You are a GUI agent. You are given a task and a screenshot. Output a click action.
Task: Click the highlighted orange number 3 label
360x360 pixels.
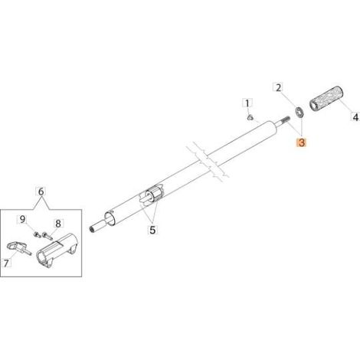coord(302,142)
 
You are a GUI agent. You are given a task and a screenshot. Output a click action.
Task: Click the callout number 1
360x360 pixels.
coord(247,103)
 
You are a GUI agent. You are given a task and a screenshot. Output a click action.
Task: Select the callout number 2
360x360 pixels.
coord(278,87)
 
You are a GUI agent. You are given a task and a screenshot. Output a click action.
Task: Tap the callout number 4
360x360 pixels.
coord(355,117)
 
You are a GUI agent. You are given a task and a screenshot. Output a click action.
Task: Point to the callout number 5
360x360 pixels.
coord(152,231)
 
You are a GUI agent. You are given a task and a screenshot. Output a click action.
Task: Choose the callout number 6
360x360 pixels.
coord(41,191)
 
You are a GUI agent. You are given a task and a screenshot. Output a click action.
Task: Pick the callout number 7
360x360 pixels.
coord(6,263)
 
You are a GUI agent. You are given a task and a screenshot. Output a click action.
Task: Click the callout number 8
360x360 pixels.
coord(58,224)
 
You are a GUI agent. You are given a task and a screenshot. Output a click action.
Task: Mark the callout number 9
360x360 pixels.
coord(23,219)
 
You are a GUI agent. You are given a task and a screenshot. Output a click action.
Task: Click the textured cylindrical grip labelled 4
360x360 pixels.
coord(327,98)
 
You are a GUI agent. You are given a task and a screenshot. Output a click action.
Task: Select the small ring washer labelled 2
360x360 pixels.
coord(299,112)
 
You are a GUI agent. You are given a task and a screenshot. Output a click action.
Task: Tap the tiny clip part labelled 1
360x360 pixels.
coord(250,118)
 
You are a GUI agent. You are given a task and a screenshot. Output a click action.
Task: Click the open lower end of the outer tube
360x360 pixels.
coord(110,219)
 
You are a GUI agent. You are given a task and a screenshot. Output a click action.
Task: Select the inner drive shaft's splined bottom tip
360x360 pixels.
coord(91,229)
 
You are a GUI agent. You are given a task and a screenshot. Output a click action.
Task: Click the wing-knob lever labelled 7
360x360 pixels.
coord(18,247)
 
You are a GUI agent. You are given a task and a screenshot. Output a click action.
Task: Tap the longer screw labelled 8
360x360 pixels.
coord(47,235)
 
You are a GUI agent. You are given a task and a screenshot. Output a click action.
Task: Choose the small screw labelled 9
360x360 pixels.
coord(37,234)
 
